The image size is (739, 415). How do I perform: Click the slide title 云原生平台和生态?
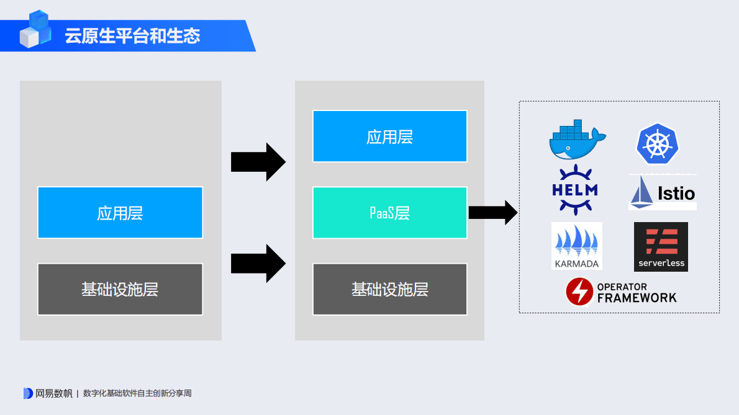coord(132,36)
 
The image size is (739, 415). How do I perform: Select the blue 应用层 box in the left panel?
coord(120,213)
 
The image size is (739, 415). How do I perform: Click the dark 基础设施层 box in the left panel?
coord(120,289)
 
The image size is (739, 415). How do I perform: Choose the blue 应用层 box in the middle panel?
coord(389,136)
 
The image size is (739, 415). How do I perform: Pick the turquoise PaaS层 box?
coord(389,213)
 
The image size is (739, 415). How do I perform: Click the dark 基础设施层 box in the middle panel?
coord(389,289)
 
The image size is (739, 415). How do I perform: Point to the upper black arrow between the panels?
coord(258,162)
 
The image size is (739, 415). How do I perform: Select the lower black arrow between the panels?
coord(258,263)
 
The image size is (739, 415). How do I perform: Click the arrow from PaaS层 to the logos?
coord(492,213)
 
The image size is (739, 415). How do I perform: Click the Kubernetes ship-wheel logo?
coord(657,143)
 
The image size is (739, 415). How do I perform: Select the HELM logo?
coord(574,189)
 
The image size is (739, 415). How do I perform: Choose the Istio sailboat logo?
coord(662,193)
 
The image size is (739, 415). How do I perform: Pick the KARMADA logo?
coord(576,246)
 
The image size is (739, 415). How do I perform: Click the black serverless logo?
coord(661,246)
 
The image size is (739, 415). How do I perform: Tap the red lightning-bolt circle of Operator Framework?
coord(579,292)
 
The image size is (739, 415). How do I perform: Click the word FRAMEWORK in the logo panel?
coord(637,298)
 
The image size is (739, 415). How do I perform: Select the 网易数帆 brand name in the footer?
coord(53,393)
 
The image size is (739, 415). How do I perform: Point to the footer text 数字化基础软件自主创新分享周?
coord(137,393)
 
